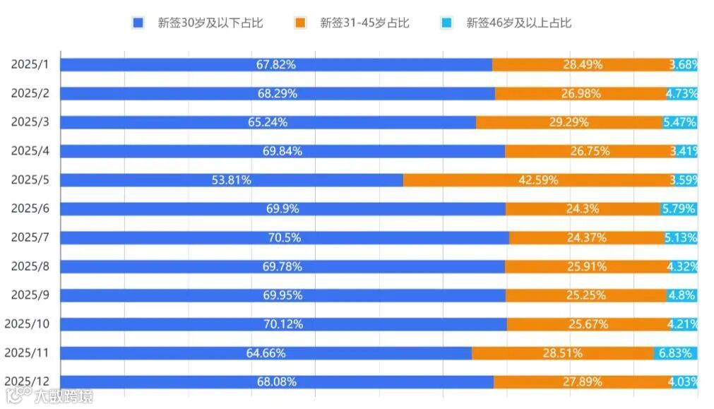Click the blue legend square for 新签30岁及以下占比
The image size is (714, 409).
coord(138,23)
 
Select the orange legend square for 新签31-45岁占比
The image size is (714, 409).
coord(300,23)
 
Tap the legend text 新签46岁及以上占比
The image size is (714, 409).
coord(518,23)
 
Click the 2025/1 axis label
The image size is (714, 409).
coord(30,64)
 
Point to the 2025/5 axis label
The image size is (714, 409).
coord(30,179)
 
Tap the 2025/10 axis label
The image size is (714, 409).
coord(27,324)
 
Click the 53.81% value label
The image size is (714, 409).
coord(231,180)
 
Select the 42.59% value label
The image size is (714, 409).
coord(538,180)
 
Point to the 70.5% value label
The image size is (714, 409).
coord(284,238)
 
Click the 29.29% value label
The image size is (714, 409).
coord(569,122)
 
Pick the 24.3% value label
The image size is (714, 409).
coord(583,209)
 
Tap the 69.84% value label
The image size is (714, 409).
coord(282,151)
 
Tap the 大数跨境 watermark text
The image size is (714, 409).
coord(64,396)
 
